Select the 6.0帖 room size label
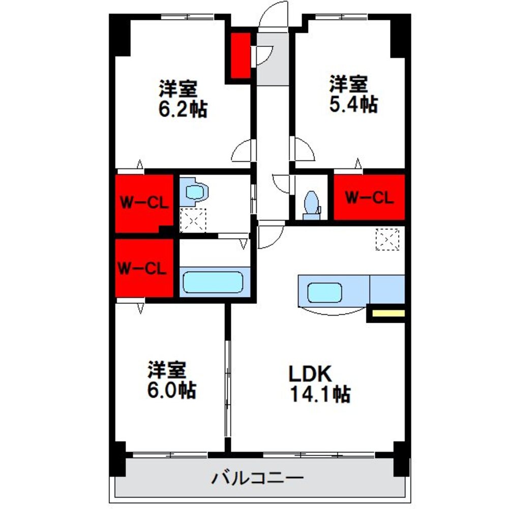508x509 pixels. coord(171,390)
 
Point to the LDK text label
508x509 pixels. coord(310,374)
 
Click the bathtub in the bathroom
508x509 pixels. coord(213,282)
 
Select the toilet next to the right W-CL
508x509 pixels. coord(311,205)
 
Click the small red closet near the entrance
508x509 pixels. coord(238,56)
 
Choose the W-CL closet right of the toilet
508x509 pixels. coord(369,197)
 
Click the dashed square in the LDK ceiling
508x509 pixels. coord(387,239)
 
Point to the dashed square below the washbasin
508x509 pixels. coord(194,220)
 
